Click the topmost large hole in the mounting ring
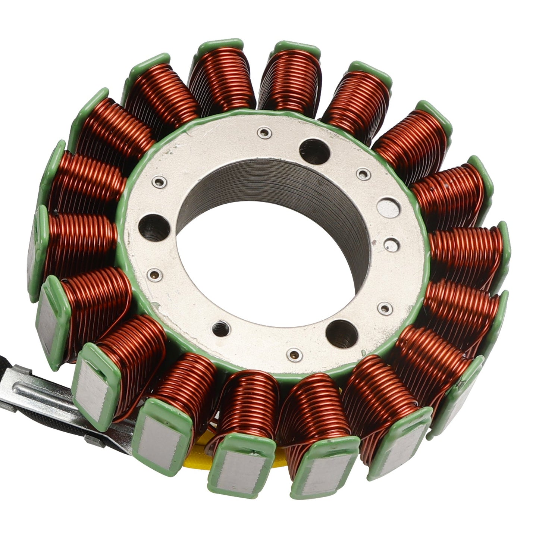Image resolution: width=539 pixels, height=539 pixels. pos(314,151)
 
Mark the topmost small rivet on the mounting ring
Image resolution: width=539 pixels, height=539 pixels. pos(264,132)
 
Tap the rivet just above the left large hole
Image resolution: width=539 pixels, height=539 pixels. pos(159,182)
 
